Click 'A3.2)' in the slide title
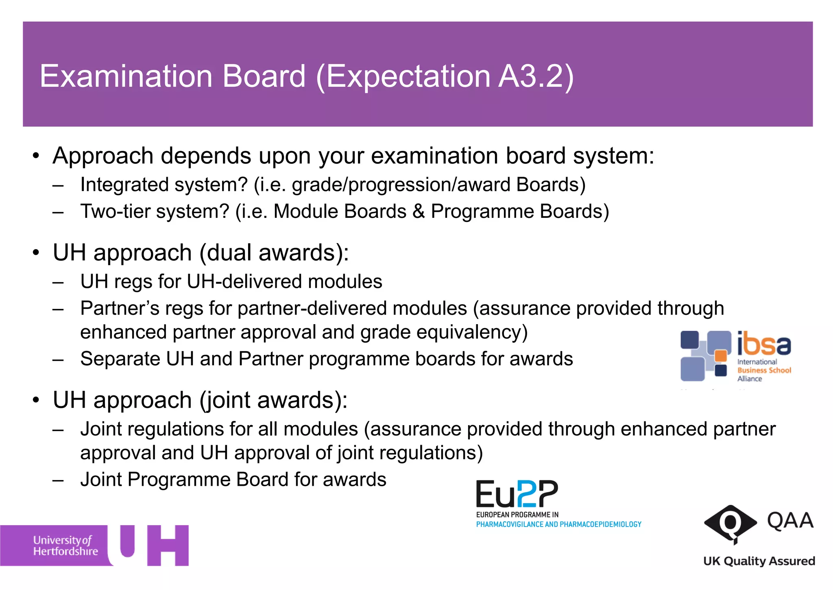[536, 76]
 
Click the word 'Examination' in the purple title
[126, 76]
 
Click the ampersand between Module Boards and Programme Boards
[418, 211]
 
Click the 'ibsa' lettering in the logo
[764, 344]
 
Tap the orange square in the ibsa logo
[721, 355]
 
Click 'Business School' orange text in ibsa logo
[764, 370]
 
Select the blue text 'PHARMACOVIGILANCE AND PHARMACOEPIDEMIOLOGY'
[558, 524]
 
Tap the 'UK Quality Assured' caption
[759, 561]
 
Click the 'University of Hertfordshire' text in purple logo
[65, 546]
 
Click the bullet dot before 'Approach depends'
[36, 156]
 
